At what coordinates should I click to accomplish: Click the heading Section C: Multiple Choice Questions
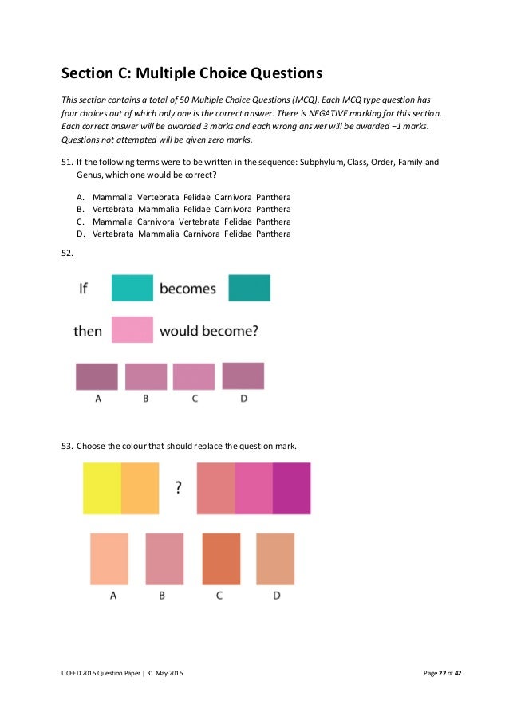click(191, 75)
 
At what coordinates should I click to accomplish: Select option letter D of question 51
click(81, 234)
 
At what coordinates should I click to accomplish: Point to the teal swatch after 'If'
click(132, 288)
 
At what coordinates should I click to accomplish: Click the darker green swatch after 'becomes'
click(249, 288)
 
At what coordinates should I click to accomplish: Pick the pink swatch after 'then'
click(132, 330)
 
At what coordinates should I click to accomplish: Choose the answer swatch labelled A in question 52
click(97, 376)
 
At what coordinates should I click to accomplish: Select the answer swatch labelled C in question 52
click(194, 376)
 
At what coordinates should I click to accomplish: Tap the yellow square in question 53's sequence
click(102, 488)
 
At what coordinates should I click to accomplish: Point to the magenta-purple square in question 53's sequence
click(291, 488)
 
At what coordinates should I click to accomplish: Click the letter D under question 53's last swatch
click(275, 596)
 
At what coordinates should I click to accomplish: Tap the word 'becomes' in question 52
click(187, 289)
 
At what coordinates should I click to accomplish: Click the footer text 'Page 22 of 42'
click(443, 675)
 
